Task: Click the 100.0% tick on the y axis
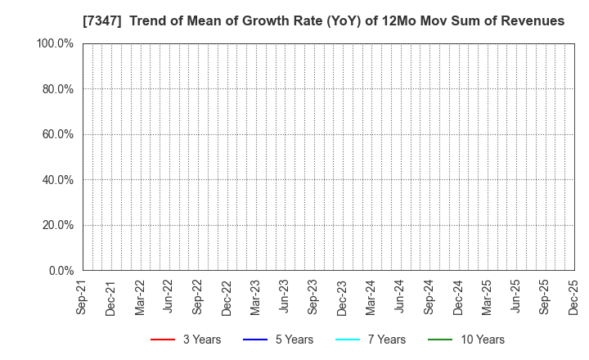[x=54, y=43]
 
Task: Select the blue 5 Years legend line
[x=257, y=340]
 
